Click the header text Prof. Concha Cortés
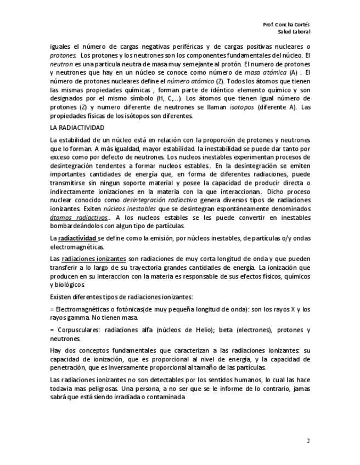pyautogui.click(x=286, y=25)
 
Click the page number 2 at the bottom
pyautogui.click(x=308, y=440)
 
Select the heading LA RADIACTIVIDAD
pyautogui.click(x=74, y=127)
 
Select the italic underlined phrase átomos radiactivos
pyautogui.click(x=70, y=218)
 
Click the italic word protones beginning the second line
pyautogui.click(x=63, y=55)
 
